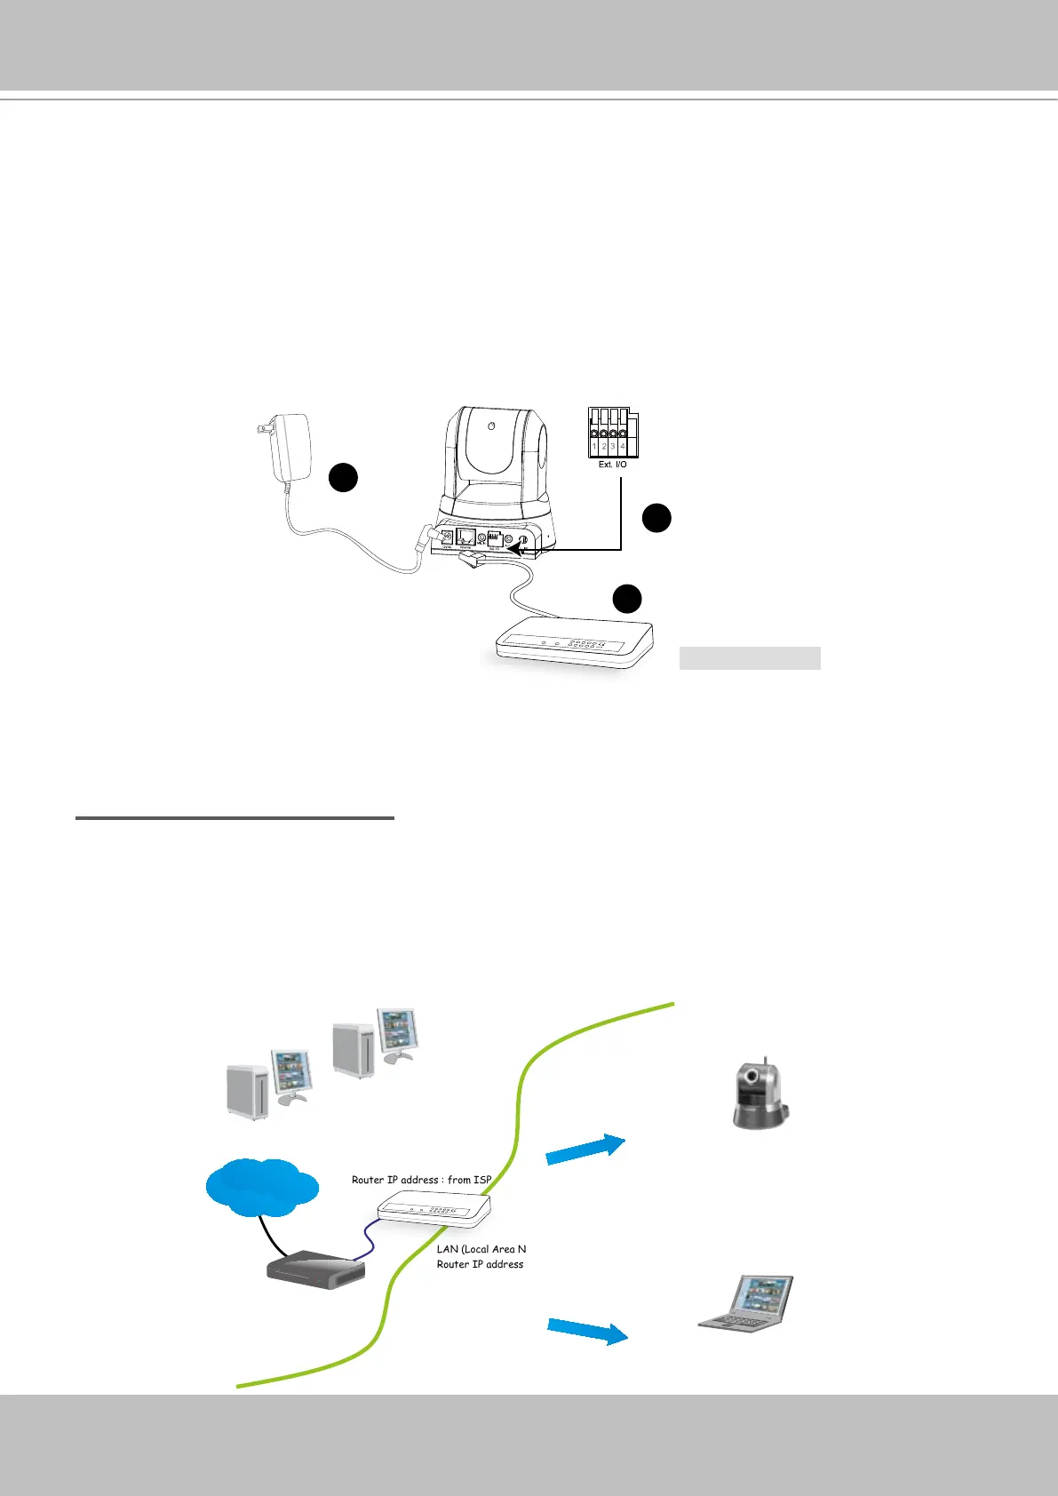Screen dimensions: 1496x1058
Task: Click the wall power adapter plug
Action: [x=288, y=449]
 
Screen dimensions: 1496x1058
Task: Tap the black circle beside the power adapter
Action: [x=343, y=477]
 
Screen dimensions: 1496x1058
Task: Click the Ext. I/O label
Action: [x=612, y=465]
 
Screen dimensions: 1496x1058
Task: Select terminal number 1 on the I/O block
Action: [x=594, y=447]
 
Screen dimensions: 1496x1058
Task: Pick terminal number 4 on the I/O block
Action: [x=623, y=447]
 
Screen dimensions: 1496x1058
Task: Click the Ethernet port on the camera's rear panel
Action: [x=465, y=538]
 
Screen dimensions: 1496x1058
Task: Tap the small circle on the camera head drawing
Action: [x=490, y=426]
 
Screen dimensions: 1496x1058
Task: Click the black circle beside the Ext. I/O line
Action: [x=656, y=518]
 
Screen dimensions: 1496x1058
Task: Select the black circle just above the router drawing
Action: [x=627, y=598]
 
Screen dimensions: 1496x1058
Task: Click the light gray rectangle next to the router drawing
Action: [x=749, y=658]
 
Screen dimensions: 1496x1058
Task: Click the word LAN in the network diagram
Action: [x=448, y=1249]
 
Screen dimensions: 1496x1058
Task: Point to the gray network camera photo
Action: [x=760, y=1094]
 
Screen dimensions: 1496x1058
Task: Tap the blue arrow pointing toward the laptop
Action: [x=587, y=1331]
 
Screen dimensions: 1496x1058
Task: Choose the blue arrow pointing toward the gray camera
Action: [x=585, y=1149]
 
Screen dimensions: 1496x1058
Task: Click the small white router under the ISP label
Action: [x=434, y=1210]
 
